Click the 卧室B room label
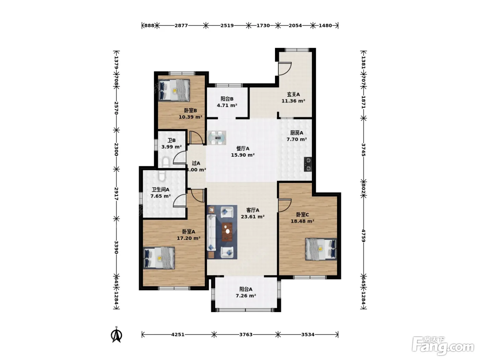tap(190, 111)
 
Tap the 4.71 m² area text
tap(227, 105)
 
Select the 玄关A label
tap(293, 94)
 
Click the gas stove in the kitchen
tap(308, 164)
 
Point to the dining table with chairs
tap(216, 138)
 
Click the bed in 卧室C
tap(321, 249)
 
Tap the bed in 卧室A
tap(159, 258)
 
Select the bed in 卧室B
tap(174, 90)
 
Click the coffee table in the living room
tap(227, 232)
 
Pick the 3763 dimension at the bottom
tap(246, 334)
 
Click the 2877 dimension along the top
tap(181, 26)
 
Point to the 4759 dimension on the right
tap(363, 236)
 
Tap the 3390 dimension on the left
tap(116, 247)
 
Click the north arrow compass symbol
tap(117, 335)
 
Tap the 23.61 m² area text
tap(253, 217)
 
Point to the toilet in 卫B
tap(166, 163)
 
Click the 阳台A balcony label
tap(246, 289)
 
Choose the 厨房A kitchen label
tap(297, 133)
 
